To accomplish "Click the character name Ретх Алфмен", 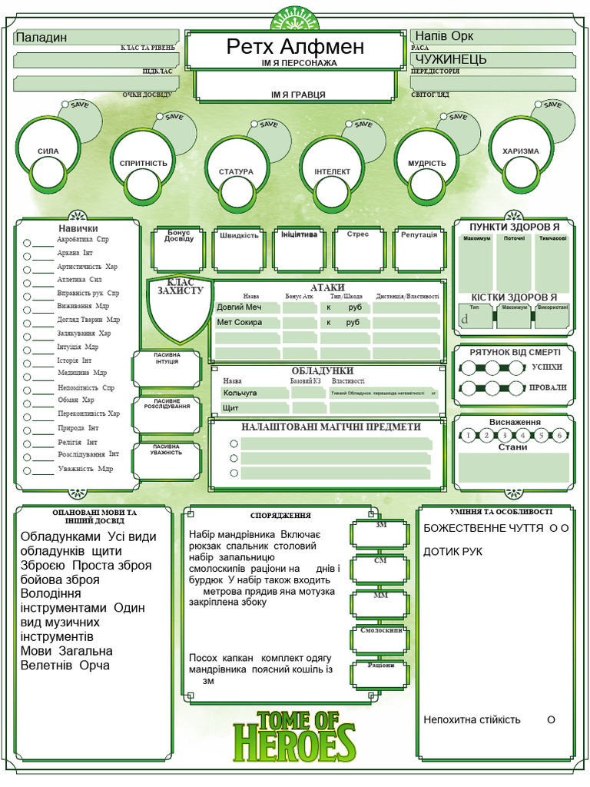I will [295, 47].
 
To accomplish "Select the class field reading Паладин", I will [42, 37].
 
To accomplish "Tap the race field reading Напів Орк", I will [446, 37].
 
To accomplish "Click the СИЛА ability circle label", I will [48, 151].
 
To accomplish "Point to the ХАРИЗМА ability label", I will [520, 151].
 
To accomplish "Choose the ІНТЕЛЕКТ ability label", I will [332, 171].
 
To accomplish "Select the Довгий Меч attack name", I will [240, 307].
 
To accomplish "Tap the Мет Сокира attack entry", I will [240, 322].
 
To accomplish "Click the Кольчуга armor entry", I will [240, 393].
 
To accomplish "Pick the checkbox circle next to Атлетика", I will [28, 281].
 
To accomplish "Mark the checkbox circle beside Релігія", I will [28, 443].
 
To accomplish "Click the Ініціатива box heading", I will [299, 234].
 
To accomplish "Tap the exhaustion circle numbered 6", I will [560, 435].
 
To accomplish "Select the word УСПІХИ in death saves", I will [547, 367].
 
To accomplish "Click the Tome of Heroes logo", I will [295, 736].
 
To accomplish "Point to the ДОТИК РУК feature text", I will [452, 552].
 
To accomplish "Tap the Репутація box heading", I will [418, 234].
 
